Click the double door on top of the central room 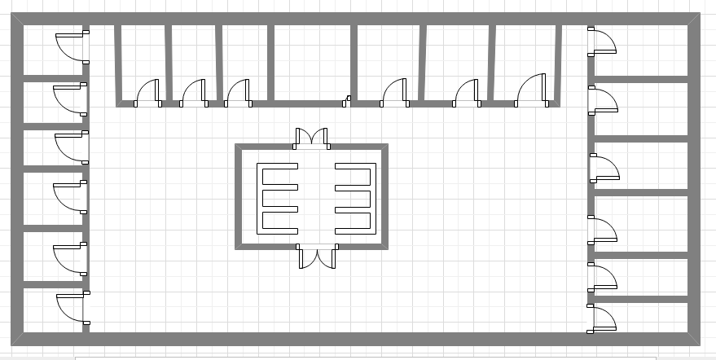tap(310, 137)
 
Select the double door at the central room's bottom tap(317, 257)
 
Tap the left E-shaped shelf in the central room tap(277, 198)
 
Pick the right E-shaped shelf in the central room tap(355, 198)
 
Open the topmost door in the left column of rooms tap(72, 46)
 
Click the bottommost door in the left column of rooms tap(72, 310)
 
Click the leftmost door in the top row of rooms tap(147, 93)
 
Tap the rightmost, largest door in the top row tap(531, 90)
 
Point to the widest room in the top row tap(311, 62)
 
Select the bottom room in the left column tap(51, 310)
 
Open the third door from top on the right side tap(604, 168)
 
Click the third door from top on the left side tap(72, 147)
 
